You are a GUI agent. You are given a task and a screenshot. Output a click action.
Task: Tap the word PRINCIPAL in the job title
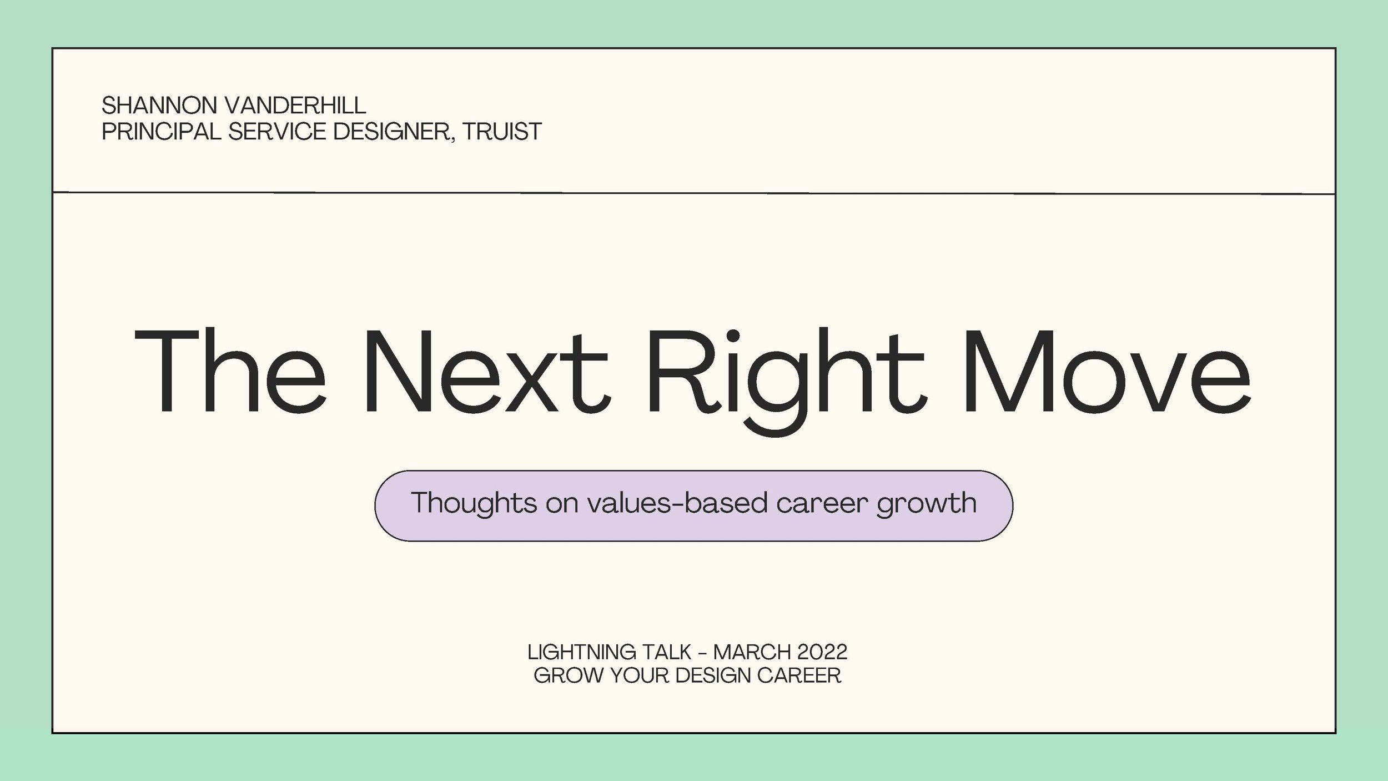tap(161, 132)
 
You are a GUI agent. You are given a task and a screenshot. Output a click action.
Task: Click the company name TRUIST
tap(502, 132)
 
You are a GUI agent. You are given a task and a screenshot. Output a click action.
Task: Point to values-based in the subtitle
tap(677, 503)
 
